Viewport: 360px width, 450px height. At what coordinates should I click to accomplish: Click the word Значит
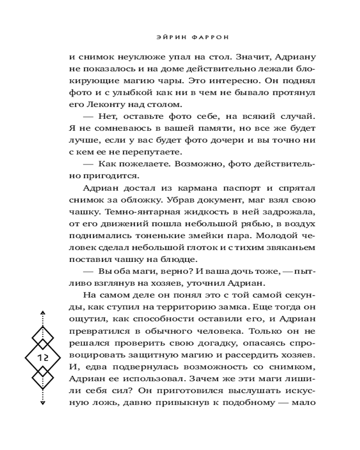point(221,57)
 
